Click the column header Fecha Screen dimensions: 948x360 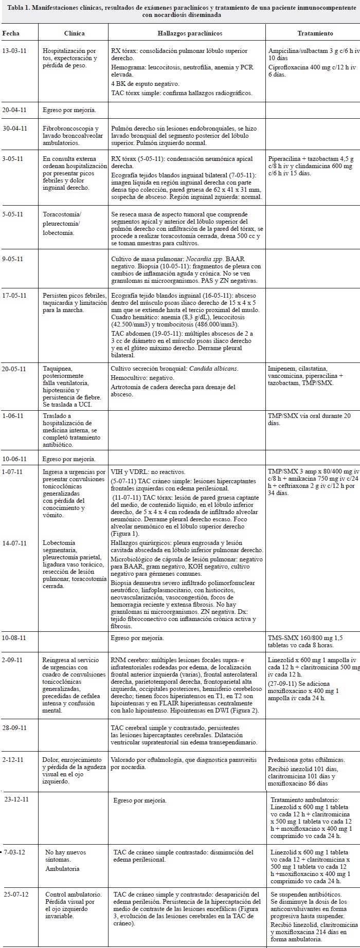tap(11, 33)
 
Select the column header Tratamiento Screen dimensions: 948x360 tap(315, 33)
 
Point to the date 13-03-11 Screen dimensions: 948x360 tap(15, 51)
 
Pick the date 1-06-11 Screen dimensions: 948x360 tap(13, 415)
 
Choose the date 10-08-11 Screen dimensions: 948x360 tap(15, 638)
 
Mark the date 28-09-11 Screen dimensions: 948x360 tap(15, 728)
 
